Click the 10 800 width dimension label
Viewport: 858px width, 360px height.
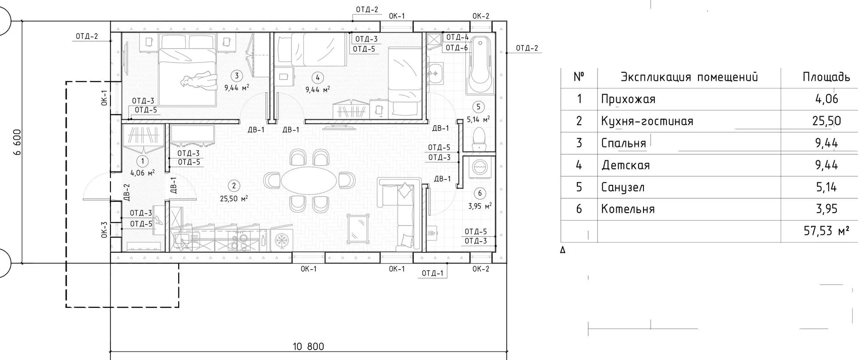click(x=308, y=346)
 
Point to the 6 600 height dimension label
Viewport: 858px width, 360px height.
click(x=18, y=142)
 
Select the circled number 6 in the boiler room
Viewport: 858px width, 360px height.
click(x=480, y=193)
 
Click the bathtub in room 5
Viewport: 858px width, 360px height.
click(x=480, y=65)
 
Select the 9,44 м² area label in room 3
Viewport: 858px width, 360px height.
click(x=237, y=88)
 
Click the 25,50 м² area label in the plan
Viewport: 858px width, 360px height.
click(x=233, y=199)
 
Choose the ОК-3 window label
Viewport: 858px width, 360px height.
click(x=104, y=230)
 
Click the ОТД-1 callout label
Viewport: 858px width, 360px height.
click(x=433, y=273)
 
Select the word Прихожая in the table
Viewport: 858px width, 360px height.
click(x=628, y=99)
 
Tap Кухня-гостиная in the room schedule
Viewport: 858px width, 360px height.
click(x=647, y=121)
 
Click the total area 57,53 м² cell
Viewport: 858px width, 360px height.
click(x=826, y=231)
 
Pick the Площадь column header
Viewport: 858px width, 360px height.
click(x=826, y=77)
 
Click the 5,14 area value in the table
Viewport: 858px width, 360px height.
click(x=826, y=187)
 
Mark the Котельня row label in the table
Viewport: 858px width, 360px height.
click(x=628, y=209)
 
